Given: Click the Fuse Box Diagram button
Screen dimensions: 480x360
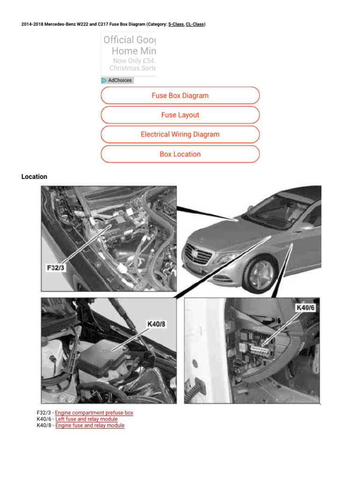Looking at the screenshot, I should [180, 96].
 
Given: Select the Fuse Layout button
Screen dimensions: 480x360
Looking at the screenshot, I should [180, 115].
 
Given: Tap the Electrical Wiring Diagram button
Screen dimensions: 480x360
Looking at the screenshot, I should [180, 135].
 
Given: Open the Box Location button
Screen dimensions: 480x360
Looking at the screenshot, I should [180, 154].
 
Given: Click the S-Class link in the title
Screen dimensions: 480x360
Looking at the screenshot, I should [176, 24].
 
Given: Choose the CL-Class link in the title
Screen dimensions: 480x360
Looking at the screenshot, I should [195, 24].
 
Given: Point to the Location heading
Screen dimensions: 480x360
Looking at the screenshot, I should [34, 177].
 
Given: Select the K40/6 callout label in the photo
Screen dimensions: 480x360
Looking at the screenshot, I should [306, 307].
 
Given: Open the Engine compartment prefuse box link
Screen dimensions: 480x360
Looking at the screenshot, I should [94, 413].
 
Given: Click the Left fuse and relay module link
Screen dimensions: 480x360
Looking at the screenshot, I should [86, 419].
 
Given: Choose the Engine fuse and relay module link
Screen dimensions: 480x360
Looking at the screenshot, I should [90, 425].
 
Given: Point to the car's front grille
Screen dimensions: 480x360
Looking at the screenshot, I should [198, 256].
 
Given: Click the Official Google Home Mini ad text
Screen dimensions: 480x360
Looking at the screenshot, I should [129, 45].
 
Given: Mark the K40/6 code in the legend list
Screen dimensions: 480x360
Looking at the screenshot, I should [44, 419].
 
